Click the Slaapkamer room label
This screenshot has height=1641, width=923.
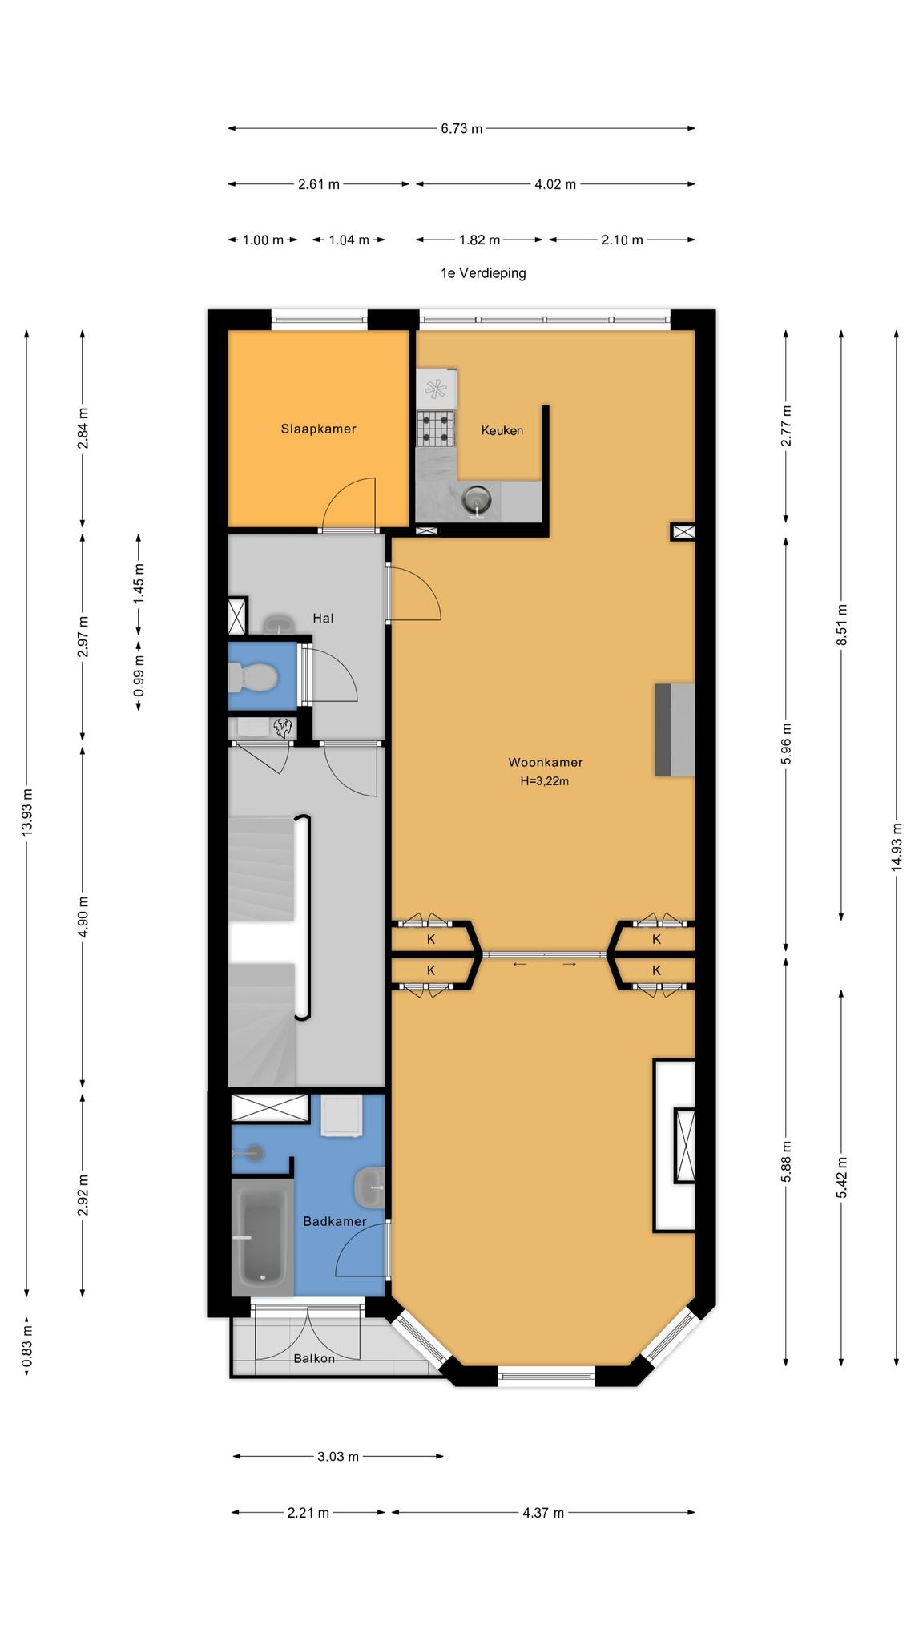(318, 429)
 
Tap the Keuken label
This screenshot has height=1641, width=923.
(502, 430)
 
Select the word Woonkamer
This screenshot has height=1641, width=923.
(545, 762)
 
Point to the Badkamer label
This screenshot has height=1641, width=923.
(334, 1221)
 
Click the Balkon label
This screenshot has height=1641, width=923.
(314, 1358)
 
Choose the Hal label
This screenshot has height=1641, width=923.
(323, 618)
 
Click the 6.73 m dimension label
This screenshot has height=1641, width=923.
(461, 128)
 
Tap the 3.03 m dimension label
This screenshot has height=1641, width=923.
(338, 1456)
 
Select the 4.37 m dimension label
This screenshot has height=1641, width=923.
(543, 1513)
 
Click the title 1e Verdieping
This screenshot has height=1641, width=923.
(483, 273)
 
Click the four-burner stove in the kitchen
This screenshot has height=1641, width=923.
(436, 428)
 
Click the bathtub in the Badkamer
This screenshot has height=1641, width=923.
(262, 1237)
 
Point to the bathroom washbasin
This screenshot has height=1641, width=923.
(369, 1187)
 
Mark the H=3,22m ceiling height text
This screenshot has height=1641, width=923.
(545, 781)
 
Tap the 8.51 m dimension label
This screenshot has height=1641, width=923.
(841, 626)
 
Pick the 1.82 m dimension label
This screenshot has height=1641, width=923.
(479, 240)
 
